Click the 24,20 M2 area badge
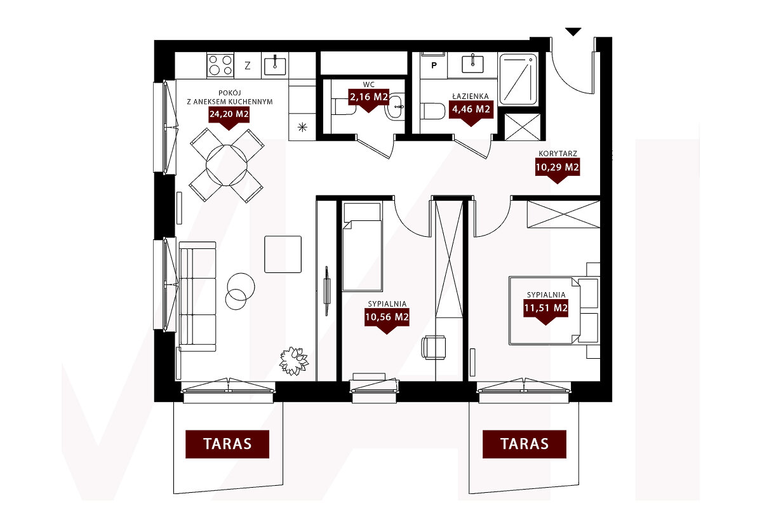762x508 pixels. (x=229, y=115)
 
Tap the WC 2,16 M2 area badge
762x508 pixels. (x=369, y=98)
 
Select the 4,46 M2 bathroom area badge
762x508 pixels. (x=471, y=110)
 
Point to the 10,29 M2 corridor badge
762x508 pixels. (x=558, y=168)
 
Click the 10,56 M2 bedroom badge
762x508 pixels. (x=387, y=318)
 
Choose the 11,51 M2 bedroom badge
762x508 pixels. (x=545, y=309)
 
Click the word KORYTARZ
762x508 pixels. (x=558, y=154)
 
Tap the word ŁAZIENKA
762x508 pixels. (x=471, y=97)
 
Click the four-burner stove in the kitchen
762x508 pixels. (x=220, y=65)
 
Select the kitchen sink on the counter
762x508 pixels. (x=275, y=65)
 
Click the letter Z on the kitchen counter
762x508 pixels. (x=248, y=65)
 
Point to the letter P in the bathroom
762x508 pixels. (x=434, y=65)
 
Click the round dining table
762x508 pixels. (x=227, y=165)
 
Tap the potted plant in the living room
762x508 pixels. (x=293, y=361)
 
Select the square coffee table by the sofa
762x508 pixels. (x=283, y=254)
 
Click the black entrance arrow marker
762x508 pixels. (x=573, y=32)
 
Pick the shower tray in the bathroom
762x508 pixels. (x=518, y=79)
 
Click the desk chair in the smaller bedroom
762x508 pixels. (x=434, y=347)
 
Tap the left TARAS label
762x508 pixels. (x=227, y=444)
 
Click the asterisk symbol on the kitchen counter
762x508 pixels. (x=302, y=128)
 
